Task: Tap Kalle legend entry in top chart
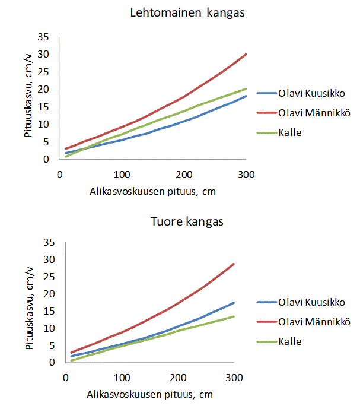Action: tap(290, 132)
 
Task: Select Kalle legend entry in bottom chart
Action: tap(290, 341)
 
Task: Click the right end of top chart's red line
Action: tap(246, 54)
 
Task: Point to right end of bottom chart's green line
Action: tap(234, 316)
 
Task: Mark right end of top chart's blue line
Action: tap(246, 96)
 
